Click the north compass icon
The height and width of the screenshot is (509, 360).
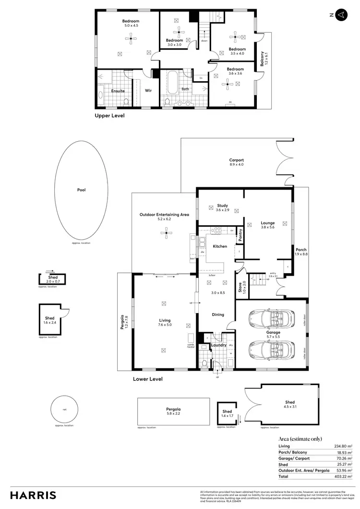pos(340,15)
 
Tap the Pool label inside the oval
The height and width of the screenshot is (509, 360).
pos(82,190)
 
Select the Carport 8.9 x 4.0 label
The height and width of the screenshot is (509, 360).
pos(236,162)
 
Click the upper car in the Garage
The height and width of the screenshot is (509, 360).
pos(271,318)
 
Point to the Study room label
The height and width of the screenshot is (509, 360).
pos(222,208)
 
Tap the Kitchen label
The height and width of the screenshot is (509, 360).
pos(220,246)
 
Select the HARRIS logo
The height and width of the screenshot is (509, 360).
pos(33,495)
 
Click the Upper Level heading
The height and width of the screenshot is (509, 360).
pos(109,116)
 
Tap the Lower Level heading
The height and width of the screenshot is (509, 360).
pos(148,379)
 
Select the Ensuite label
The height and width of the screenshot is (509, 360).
pos(118,91)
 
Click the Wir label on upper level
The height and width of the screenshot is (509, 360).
pos(148,90)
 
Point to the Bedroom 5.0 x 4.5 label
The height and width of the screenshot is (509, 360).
pos(131,23)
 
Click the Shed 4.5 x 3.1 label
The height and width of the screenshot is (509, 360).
pos(289,404)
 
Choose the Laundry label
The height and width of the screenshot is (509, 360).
pos(218,345)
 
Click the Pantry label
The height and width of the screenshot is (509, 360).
pos(240,236)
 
